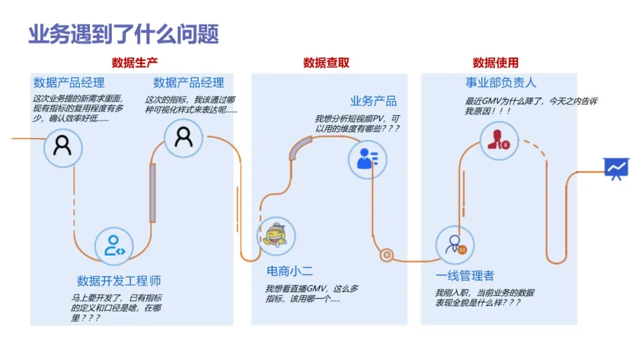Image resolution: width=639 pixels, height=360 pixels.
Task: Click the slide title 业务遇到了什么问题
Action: coord(124,35)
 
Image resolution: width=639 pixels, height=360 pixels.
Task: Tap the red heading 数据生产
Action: coord(135,63)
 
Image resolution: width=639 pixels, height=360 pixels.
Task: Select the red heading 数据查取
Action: coord(326,63)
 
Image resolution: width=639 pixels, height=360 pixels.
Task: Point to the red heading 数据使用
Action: coord(495,63)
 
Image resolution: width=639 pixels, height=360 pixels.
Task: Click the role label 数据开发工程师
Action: coord(119,281)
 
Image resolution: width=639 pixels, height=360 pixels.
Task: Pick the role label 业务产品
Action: coord(373,101)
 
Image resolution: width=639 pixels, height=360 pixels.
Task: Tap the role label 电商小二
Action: coord(289,272)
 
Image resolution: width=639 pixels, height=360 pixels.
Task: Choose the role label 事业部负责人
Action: coord(501,82)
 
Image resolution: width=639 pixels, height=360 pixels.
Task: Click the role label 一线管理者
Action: coord(465,276)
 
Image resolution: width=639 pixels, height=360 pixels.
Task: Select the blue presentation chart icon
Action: coord(615,169)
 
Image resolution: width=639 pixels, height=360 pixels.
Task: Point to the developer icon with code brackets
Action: coord(115,245)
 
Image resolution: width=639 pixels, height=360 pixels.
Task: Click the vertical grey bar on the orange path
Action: coord(153,193)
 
